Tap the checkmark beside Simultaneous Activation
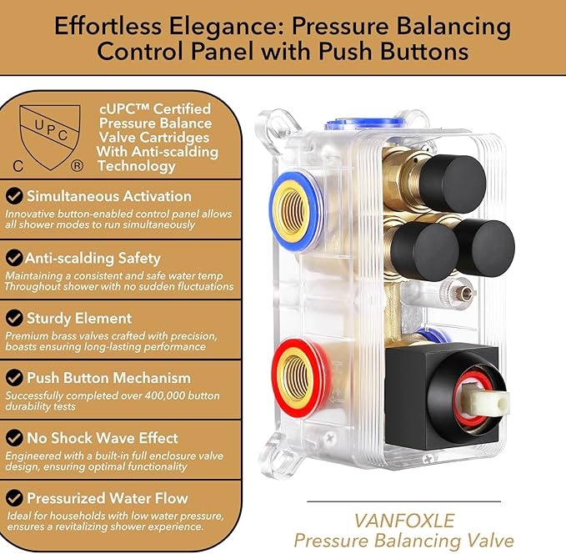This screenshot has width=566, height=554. tap(14, 196)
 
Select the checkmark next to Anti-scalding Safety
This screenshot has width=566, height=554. tap(14, 258)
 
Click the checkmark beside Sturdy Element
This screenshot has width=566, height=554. tap(14, 318)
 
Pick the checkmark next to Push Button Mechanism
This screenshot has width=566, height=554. tap(14, 378)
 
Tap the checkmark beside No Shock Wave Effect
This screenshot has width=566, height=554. tap(14, 438)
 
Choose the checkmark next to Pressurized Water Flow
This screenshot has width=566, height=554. tap(14, 498)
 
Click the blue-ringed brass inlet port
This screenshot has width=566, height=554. tap(294, 212)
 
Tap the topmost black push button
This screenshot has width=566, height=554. tap(453, 184)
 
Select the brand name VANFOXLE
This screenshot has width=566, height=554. tap(403, 521)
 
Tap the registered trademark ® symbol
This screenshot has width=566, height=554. tap(77, 166)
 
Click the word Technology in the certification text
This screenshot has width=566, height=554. tap(137, 166)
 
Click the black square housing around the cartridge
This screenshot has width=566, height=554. tap(442, 397)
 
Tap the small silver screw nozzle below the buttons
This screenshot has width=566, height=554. tap(463, 293)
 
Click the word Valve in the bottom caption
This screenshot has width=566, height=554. tap(488, 541)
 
